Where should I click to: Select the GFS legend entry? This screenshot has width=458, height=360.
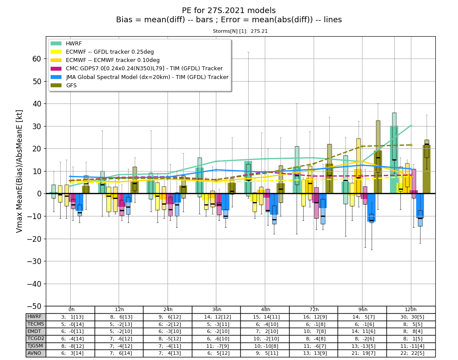coord(64,86)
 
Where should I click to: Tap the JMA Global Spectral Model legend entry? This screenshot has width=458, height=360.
coord(140,77)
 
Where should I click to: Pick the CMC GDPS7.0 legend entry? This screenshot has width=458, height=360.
coord(137,69)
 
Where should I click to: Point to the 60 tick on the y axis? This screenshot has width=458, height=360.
coord(37,59)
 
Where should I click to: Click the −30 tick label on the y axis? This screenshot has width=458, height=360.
coord(34,261)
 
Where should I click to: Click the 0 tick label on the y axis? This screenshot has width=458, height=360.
coord(39,194)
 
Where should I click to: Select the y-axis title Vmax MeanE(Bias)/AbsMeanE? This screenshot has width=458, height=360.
coord(19,171)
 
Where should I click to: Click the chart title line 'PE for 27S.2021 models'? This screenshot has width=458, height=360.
coord(229,10)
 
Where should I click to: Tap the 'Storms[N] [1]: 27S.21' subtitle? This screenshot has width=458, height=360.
coord(240,31)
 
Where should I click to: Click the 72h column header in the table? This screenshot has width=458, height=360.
coord(314,309)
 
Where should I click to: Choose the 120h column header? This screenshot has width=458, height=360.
coord(411,309)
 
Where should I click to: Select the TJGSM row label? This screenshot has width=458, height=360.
coord(35,346)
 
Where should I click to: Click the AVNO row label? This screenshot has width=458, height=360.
coord(34,353)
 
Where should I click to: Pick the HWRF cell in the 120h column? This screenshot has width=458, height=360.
coord(411,317)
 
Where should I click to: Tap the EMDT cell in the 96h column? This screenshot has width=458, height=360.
coord(362,331)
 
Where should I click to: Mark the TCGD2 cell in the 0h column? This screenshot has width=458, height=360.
coord(70,339)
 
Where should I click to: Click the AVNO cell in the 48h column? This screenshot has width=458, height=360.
coord(265,353)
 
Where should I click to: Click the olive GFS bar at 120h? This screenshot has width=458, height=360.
coord(427,169)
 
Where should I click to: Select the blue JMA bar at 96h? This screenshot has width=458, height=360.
coord(371,207)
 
